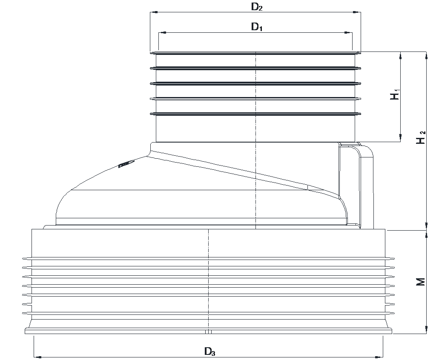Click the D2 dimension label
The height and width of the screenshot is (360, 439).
click(256, 7)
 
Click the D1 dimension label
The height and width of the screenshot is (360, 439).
click(257, 27)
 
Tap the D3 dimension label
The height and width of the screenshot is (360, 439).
click(209, 351)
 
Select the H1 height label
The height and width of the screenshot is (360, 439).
click(395, 95)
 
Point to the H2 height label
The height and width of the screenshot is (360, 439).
click(421, 137)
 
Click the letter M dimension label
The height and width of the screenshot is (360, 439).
click(421, 282)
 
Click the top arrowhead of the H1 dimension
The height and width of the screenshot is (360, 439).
click(401, 56)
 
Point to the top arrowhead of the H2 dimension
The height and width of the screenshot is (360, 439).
click(426, 56)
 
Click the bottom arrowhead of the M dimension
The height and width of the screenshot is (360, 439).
click(426, 329)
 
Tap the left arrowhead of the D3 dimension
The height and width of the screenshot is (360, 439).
click(38, 357)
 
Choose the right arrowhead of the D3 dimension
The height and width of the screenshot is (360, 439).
click(379, 357)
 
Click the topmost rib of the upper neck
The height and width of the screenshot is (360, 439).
click(255, 53)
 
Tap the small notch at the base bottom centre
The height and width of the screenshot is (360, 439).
click(208, 332)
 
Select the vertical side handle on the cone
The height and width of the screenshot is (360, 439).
click(356, 186)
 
